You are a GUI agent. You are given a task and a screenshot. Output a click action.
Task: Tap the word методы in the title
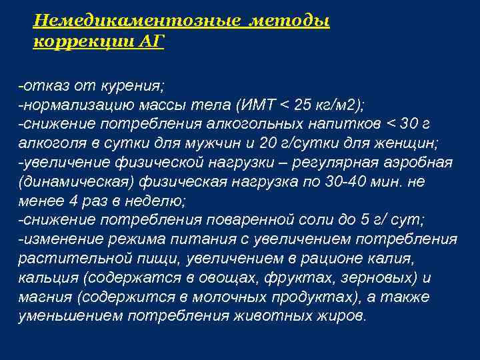(290, 21)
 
